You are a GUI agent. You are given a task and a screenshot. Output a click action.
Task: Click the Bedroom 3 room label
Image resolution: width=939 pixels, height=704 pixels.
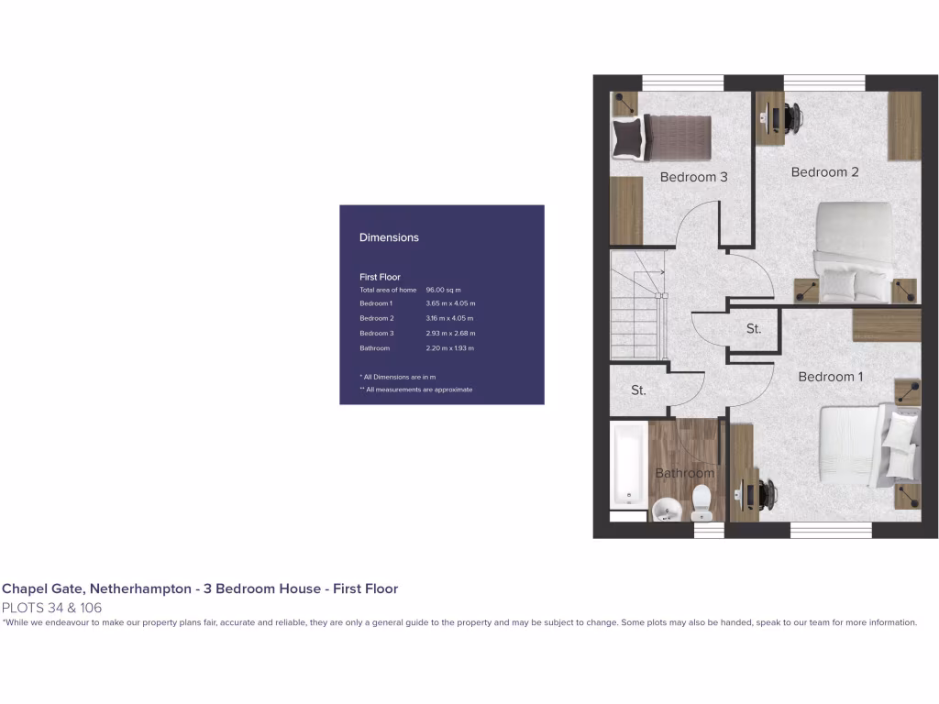click(x=693, y=177)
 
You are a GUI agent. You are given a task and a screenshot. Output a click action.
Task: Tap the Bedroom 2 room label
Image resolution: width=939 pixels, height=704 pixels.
click(x=824, y=172)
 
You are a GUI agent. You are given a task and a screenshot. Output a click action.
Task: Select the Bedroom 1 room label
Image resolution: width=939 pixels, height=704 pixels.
click(x=830, y=377)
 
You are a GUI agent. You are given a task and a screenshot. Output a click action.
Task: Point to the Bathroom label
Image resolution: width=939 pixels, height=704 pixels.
click(x=684, y=473)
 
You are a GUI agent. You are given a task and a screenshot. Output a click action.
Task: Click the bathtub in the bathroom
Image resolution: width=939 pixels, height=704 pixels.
click(x=629, y=465)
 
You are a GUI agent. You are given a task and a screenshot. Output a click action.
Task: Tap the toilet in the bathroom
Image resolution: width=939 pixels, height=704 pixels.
click(x=701, y=501)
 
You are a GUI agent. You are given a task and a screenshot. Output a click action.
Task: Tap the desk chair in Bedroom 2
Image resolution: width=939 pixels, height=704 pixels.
click(x=790, y=116)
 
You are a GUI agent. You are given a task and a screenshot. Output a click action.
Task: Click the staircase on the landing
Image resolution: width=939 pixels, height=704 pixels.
click(x=637, y=307)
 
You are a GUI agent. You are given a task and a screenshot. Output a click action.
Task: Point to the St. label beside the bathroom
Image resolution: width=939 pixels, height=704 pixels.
click(x=638, y=390)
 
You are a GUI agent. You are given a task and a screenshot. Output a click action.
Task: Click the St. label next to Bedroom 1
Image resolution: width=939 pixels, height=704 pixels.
click(x=753, y=328)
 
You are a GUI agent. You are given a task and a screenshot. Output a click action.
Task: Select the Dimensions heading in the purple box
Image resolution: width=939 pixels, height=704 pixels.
click(x=389, y=237)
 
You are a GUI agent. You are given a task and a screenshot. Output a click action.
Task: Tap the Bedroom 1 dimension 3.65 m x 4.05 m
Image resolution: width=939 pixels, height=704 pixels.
click(x=450, y=303)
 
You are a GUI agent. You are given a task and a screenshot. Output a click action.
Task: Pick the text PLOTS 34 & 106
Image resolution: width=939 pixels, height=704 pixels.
click(x=52, y=607)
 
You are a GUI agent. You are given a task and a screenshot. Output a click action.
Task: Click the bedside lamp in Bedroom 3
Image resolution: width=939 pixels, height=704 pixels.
click(x=626, y=104)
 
